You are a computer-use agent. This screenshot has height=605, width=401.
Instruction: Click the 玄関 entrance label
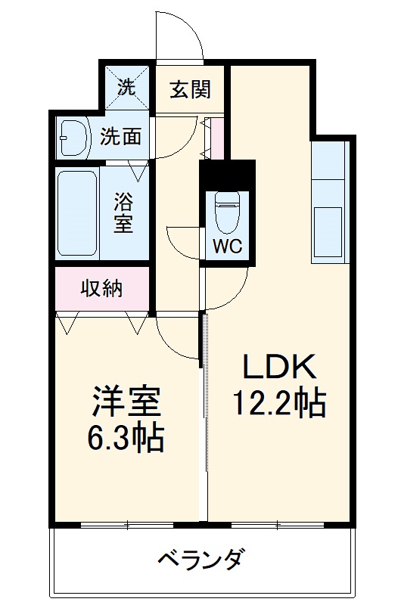(189, 89)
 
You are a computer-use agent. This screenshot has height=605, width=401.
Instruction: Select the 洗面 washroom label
(121, 137)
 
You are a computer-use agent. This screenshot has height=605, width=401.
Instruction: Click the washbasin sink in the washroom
(74, 137)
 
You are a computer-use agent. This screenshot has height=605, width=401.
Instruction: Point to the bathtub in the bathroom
(76, 212)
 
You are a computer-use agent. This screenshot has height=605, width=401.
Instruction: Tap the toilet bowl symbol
(227, 211)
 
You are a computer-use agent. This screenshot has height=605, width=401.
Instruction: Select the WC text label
(227, 247)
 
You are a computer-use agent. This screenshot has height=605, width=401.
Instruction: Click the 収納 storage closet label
(102, 288)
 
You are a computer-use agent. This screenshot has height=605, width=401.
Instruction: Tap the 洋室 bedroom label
(126, 402)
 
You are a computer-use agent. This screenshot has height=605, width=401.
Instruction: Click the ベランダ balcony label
(201, 560)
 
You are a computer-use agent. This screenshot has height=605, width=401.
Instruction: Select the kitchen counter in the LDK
(328, 201)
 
